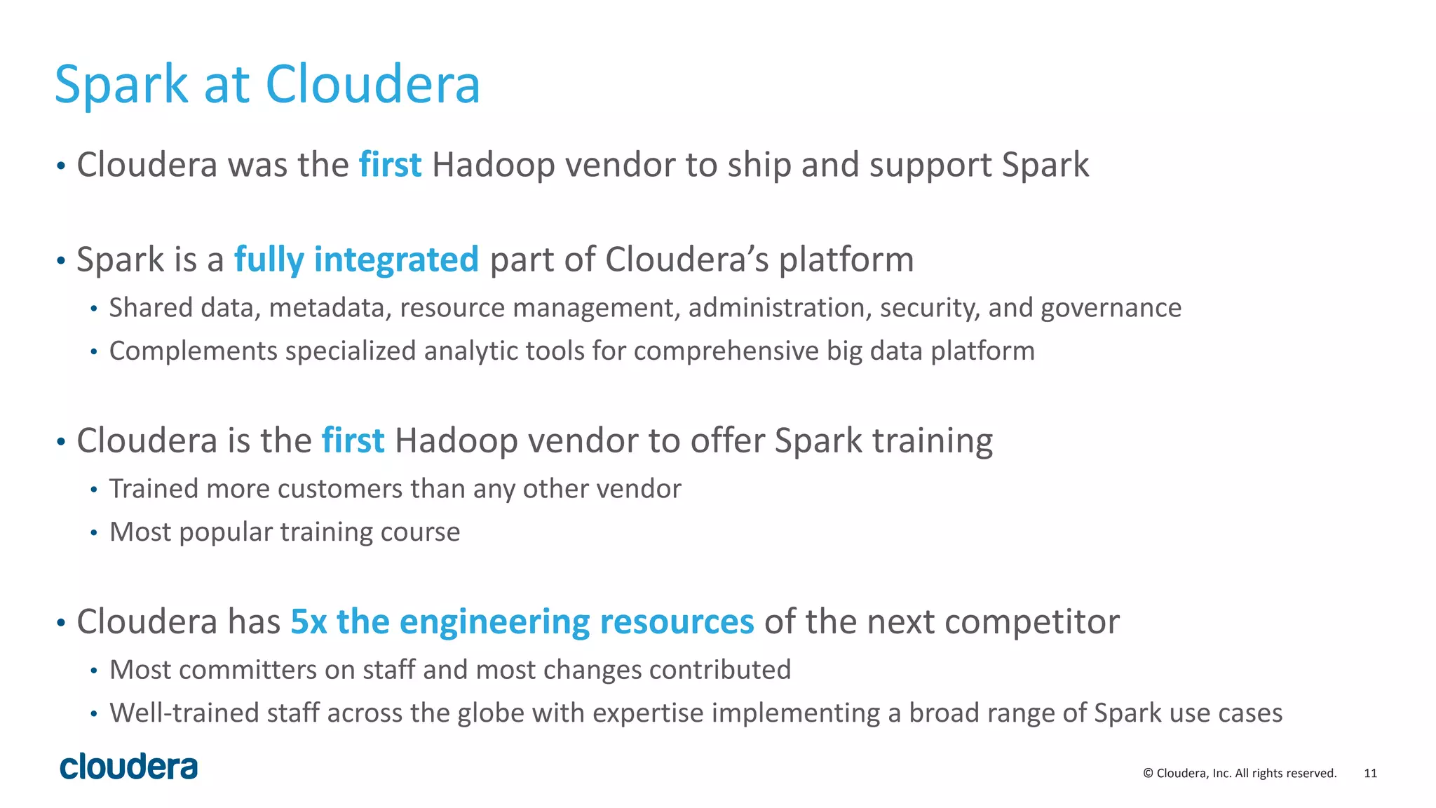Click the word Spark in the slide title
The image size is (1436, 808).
click(121, 85)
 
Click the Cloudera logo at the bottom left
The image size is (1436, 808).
click(129, 767)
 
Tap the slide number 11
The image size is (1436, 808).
click(1370, 773)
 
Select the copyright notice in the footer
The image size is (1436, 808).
click(1240, 773)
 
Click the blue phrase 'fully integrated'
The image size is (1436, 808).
click(356, 260)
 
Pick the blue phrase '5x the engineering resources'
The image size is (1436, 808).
click(522, 621)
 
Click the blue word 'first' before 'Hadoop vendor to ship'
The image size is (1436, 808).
click(390, 165)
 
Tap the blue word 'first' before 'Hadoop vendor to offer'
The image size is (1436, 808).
click(353, 440)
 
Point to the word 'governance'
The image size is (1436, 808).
click(1111, 308)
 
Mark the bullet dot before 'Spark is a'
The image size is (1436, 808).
click(61, 261)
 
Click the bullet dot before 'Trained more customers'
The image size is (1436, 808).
click(94, 490)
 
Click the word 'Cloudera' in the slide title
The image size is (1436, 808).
click(372, 85)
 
